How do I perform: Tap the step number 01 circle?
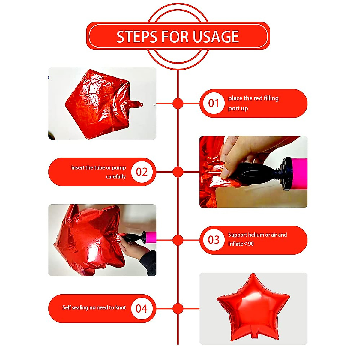[x=214, y=103]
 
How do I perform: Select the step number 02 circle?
[x=142, y=172]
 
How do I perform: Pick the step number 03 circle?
[x=214, y=240]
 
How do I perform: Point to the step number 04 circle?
[x=142, y=308]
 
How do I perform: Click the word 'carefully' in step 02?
[x=116, y=176]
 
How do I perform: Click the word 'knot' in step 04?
[x=121, y=307]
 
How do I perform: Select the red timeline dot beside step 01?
[x=178, y=103]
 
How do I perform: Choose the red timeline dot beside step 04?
[x=178, y=308]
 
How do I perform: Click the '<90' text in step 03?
[x=249, y=244]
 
